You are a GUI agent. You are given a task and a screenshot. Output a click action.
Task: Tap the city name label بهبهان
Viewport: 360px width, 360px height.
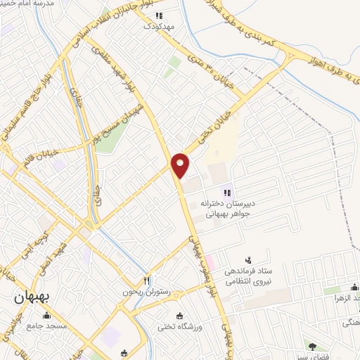[32, 297]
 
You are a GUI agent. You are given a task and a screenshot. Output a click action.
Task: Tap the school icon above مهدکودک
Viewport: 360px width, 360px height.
[159, 15]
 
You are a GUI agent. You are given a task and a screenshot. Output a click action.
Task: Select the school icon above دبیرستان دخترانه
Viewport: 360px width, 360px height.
[227, 191]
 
